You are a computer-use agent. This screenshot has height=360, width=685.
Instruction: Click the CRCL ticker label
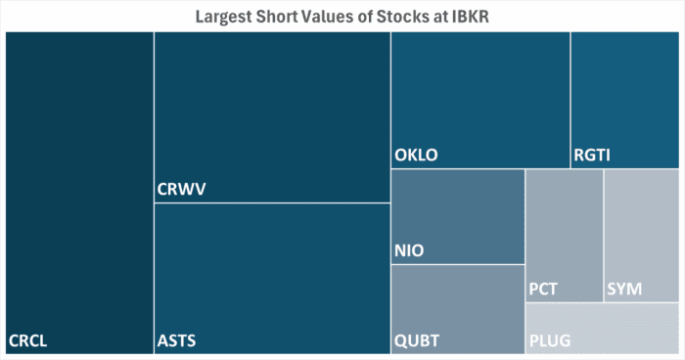pos(28,341)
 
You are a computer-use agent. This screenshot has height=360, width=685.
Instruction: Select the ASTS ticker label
pos(177,341)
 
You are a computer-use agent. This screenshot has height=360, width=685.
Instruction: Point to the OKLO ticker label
pos(416,156)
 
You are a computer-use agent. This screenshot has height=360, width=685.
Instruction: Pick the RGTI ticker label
pos(593,156)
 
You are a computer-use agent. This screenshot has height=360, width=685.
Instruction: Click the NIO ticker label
pos(409,251)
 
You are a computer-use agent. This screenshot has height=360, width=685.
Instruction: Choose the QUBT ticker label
pos(417,341)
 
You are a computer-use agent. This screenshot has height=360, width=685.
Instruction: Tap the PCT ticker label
pos(543,290)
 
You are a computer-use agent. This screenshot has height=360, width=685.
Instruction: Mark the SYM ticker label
pos(624,290)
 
